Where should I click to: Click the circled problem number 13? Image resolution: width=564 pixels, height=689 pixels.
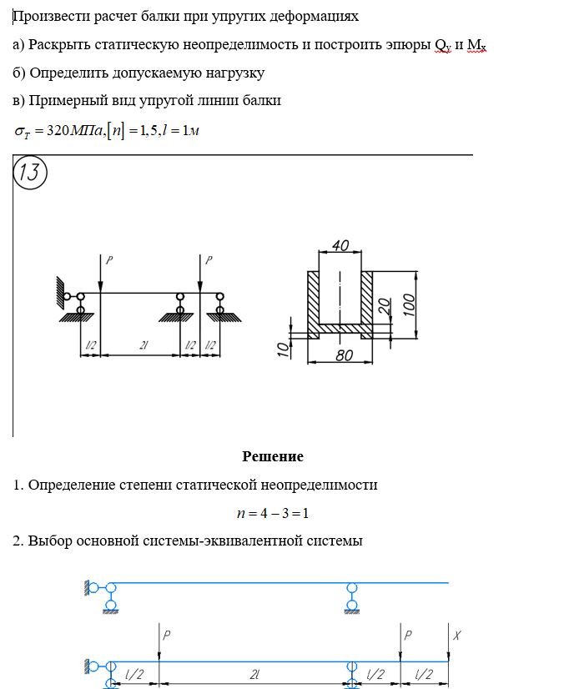(31, 174)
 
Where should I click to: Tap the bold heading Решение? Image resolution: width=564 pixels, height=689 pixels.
(273, 456)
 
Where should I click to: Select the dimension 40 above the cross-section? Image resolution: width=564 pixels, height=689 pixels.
(340, 246)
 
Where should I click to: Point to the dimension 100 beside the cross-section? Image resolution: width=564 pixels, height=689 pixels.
(409, 304)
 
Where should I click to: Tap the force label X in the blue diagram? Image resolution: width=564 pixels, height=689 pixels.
(456, 635)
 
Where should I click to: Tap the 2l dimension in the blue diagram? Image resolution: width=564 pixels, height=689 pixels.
(254, 674)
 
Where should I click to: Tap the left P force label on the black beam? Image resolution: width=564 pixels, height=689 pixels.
(108, 260)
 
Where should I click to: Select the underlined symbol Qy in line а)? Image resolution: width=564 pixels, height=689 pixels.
(442, 45)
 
